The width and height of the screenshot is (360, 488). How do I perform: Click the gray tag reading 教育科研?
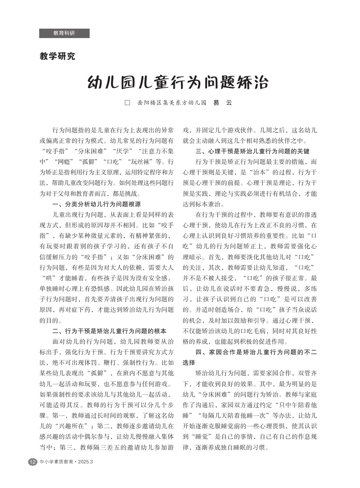click(64, 33)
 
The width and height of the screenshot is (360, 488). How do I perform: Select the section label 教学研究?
click(57, 57)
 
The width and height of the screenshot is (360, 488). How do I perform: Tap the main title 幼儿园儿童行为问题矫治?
click(178, 83)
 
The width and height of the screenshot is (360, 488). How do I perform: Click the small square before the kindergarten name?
click(127, 103)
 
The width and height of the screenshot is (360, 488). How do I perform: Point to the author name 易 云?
click(222, 103)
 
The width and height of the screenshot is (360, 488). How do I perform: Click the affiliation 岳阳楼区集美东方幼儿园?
click(172, 103)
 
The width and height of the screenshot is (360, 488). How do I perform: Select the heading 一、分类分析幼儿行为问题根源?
click(97, 204)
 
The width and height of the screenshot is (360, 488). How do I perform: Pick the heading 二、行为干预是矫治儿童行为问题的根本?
click(109, 331)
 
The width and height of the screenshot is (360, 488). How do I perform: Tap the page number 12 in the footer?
click(33, 462)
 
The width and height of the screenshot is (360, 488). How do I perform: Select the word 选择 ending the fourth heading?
click(189, 363)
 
